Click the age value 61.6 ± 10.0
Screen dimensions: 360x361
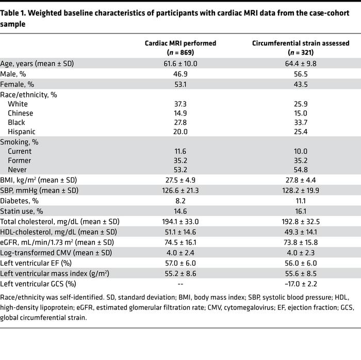point(180,64)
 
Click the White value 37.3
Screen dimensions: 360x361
point(180,104)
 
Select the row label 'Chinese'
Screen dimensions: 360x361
point(20,113)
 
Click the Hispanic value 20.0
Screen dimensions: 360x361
point(180,132)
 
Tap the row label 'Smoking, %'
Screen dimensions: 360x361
point(20,142)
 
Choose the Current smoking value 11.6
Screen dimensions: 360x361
point(180,152)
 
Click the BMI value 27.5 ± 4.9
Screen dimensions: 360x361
point(180,181)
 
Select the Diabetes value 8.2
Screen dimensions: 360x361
point(180,201)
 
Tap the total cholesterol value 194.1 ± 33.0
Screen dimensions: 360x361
point(180,222)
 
